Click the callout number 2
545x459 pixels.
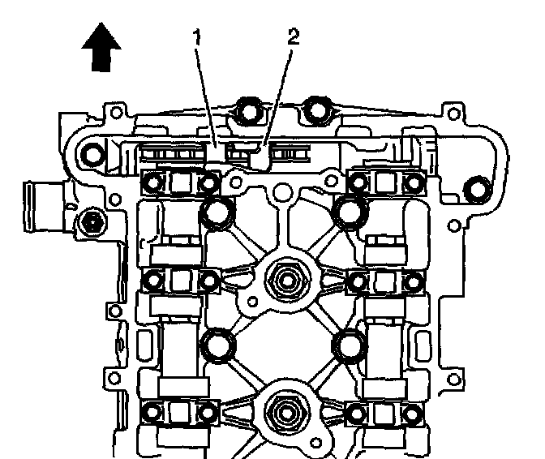point(294,37)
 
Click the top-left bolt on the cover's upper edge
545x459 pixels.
point(247,110)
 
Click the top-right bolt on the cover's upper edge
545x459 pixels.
point(317,110)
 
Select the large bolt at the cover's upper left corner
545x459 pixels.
point(92,153)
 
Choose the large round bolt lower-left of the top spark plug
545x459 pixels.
point(218,346)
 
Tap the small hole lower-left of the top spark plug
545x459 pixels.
point(253,302)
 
